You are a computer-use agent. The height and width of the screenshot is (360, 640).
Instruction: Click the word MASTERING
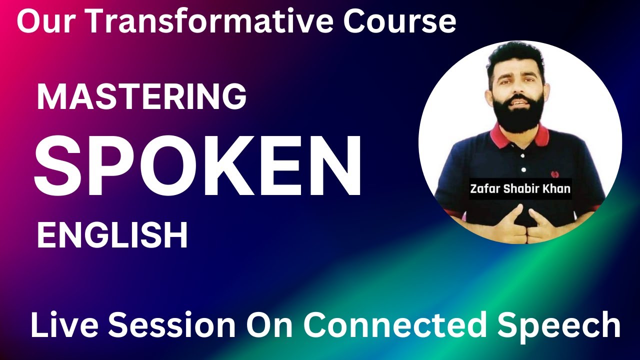(141, 97)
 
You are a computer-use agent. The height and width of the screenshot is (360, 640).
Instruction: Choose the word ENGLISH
(112, 235)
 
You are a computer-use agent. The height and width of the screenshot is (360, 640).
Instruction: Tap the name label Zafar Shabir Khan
(520, 189)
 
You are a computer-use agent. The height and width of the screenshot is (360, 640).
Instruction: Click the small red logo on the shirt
(553, 175)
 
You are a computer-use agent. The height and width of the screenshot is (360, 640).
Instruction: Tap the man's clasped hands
(520, 225)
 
